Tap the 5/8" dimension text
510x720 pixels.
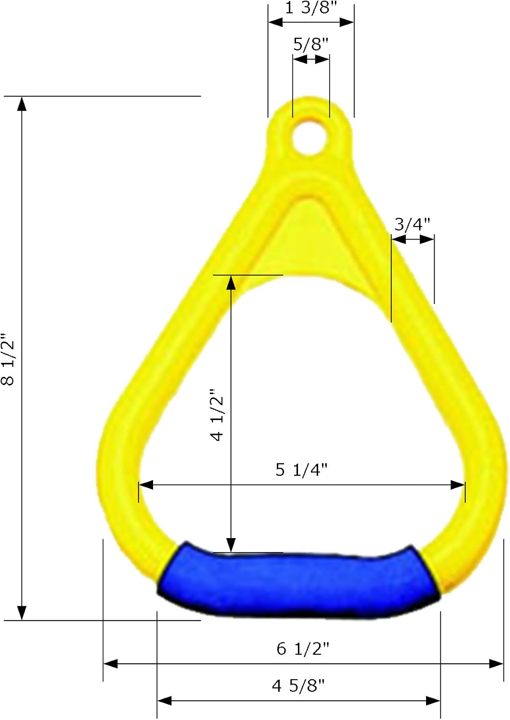point(311,44)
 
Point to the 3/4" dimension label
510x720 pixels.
point(412,224)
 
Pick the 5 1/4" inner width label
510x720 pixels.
point(301,470)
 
